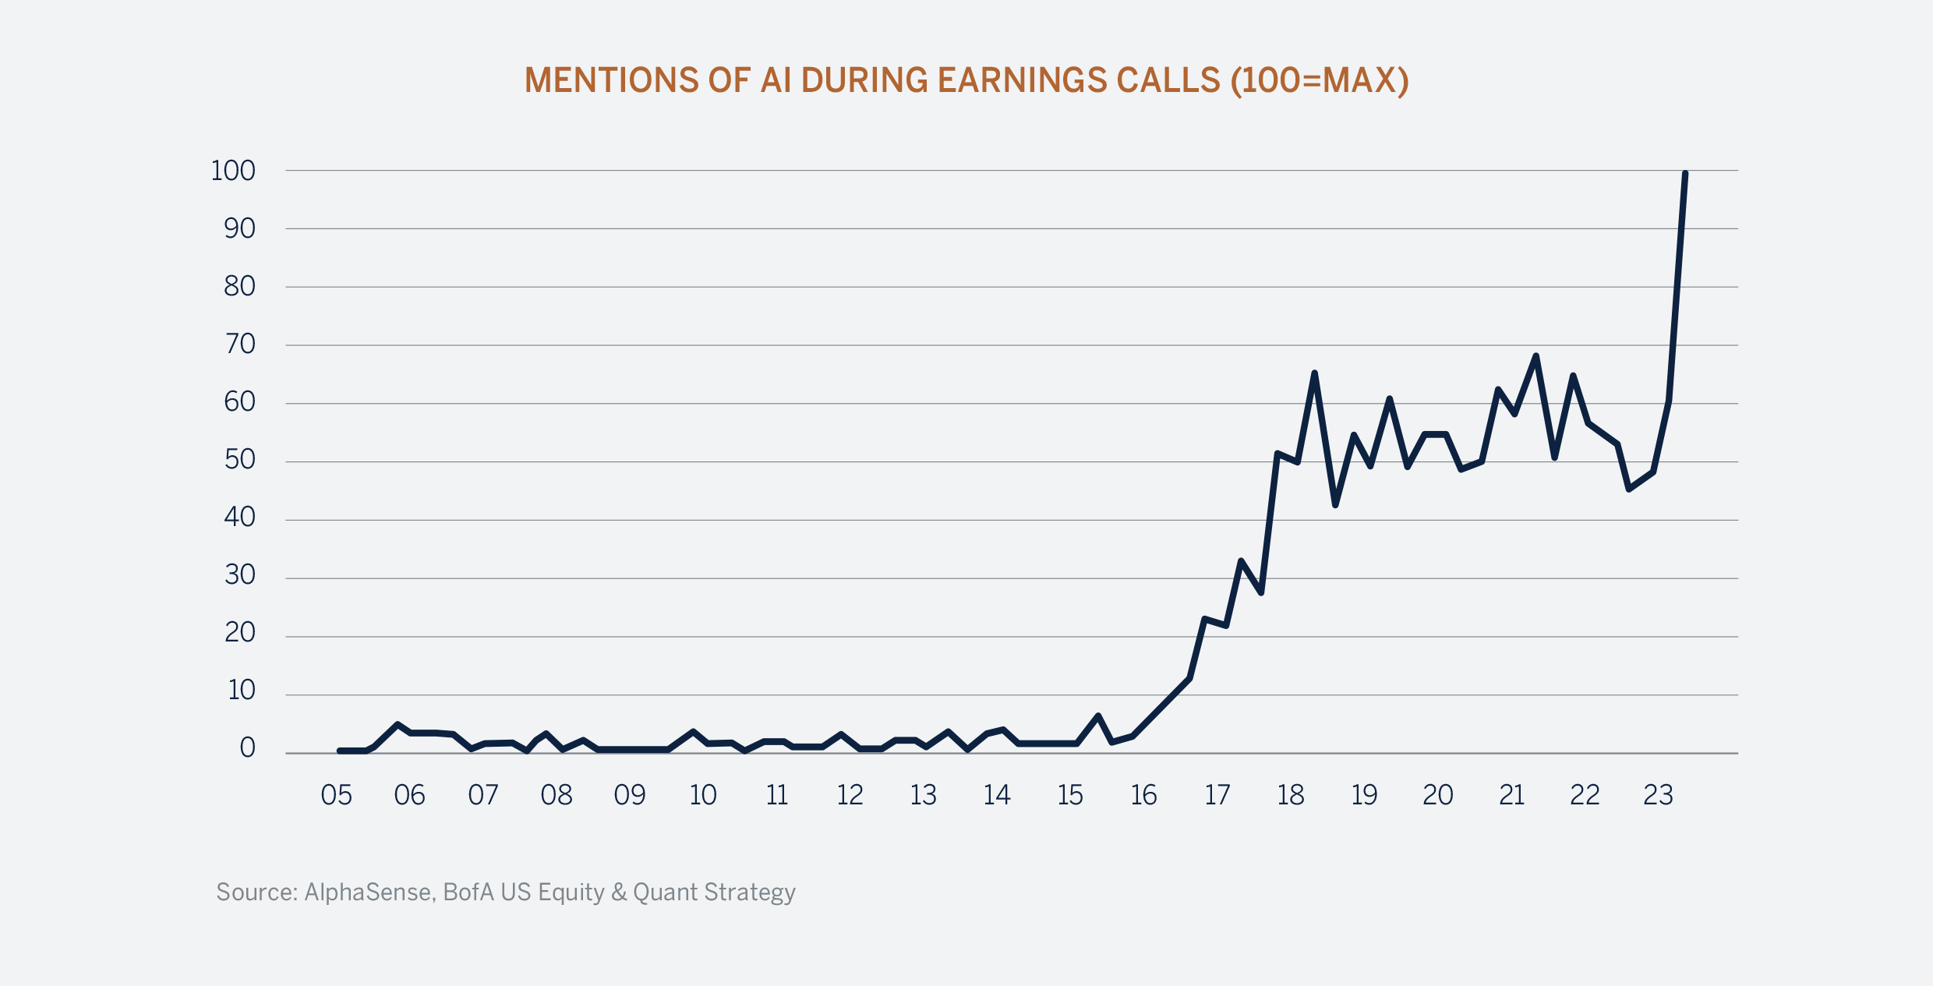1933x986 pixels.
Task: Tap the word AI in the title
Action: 776,80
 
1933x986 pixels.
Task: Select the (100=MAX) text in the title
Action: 1320,80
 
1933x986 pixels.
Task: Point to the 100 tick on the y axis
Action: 233,171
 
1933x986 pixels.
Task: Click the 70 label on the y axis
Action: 240,344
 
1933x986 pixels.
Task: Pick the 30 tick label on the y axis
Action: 240,575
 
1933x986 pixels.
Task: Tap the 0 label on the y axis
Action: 248,748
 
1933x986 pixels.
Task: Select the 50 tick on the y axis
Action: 240,460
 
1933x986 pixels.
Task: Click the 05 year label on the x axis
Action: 337,795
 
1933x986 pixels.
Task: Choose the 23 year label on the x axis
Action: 1658,795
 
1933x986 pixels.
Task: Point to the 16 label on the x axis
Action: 1143,795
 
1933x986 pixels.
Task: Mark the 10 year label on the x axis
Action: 703,795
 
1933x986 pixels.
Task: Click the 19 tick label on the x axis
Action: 1364,795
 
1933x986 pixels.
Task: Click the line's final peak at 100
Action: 1685,174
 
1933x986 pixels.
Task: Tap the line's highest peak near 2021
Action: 1535,356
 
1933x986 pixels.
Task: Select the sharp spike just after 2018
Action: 1315,373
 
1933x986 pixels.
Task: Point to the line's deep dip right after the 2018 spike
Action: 1335,505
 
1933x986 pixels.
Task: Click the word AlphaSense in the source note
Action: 368,892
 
